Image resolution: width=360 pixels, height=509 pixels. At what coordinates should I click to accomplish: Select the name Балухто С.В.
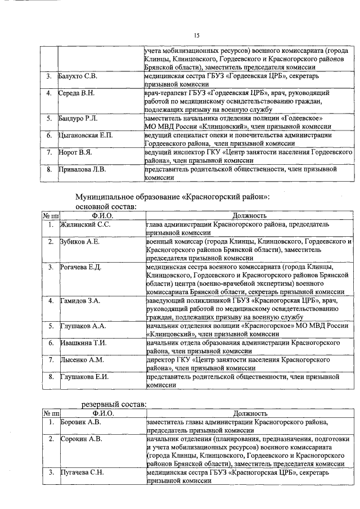click(x=78, y=75)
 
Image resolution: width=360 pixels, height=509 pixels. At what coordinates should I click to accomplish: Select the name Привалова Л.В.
click(x=82, y=169)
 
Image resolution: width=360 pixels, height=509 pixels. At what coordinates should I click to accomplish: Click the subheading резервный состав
click(x=112, y=404)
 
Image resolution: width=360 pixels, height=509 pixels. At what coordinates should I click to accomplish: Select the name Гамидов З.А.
click(x=80, y=301)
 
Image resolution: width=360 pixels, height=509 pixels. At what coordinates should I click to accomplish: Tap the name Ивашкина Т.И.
click(x=83, y=343)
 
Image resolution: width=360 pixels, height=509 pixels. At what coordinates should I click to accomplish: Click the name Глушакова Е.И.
click(x=85, y=376)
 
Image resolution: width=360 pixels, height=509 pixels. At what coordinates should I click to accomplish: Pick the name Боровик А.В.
click(x=81, y=421)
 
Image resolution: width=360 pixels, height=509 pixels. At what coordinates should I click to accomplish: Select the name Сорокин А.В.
click(x=81, y=438)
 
